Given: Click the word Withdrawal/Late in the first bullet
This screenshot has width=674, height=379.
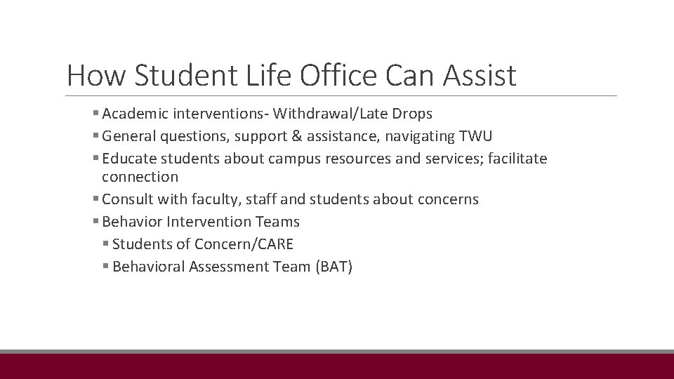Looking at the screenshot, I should pyautogui.click(x=326, y=114).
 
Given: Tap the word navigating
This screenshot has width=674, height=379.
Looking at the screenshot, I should pyautogui.click(x=423, y=136).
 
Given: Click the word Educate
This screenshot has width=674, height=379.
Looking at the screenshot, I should pyautogui.click(x=128, y=159).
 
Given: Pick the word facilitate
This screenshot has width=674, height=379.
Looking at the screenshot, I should pyautogui.click(x=516, y=159).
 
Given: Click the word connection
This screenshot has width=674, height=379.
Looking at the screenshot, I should pyautogui.click(x=140, y=177).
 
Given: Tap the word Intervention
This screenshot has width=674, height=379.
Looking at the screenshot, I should pyautogui.click(x=211, y=222).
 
